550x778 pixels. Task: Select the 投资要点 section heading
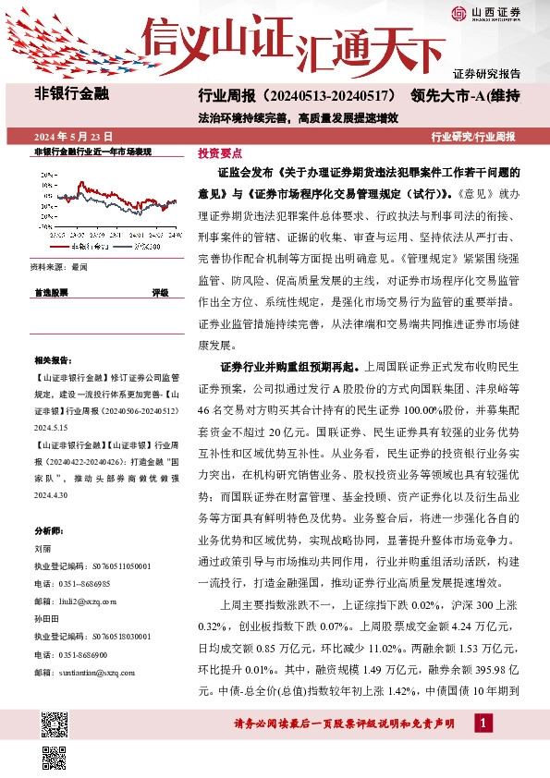[220, 153]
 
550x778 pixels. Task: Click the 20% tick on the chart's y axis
[46, 174]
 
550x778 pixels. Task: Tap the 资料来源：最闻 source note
[58, 266]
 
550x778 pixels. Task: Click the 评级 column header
[160, 292]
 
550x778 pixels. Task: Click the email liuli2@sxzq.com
[76, 601]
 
